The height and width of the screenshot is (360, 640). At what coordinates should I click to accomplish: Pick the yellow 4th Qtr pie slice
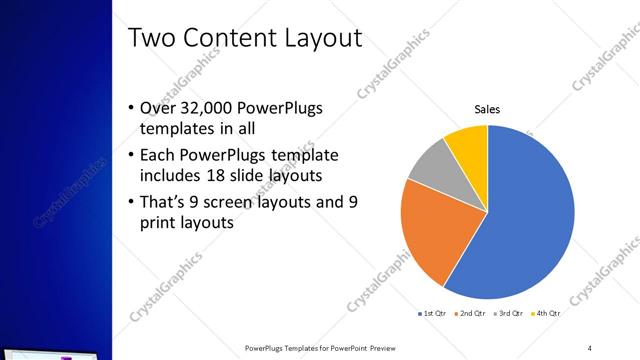click(468, 145)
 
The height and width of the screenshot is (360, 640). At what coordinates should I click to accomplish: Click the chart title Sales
click(487, 109)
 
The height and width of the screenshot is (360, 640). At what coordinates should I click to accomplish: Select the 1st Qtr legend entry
click(432, 314)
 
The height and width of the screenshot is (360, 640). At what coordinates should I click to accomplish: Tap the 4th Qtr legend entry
click(546, 314)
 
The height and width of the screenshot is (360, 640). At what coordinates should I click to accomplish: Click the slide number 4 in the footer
click(590, 348)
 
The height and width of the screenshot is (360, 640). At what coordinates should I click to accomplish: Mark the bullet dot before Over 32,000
click(132, 109)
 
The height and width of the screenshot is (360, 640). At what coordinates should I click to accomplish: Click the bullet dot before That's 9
click(132, 202)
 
